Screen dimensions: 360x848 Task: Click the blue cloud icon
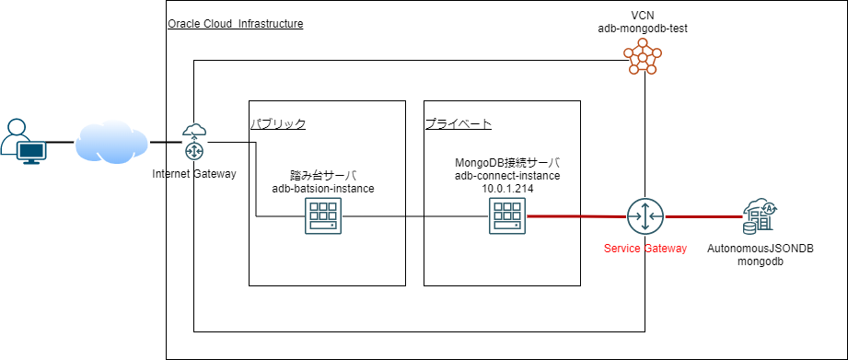111,142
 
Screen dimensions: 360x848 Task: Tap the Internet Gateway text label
194,173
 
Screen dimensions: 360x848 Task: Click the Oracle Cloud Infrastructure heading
236,23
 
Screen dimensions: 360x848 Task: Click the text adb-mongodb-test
643,29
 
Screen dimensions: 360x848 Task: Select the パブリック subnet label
278,123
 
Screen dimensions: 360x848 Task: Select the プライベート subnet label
458,123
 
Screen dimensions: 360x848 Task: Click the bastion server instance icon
321,217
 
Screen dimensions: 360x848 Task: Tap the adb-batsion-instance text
322,188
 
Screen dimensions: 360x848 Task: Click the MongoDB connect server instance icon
507,217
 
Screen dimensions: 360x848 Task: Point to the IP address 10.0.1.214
507,188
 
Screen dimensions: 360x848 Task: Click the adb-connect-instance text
507,175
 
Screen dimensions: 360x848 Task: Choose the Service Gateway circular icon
644,217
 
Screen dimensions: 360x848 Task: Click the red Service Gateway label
644,249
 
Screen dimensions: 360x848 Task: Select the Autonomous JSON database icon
761,216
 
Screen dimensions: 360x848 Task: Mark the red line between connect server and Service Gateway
575,217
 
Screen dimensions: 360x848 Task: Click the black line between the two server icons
414,217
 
